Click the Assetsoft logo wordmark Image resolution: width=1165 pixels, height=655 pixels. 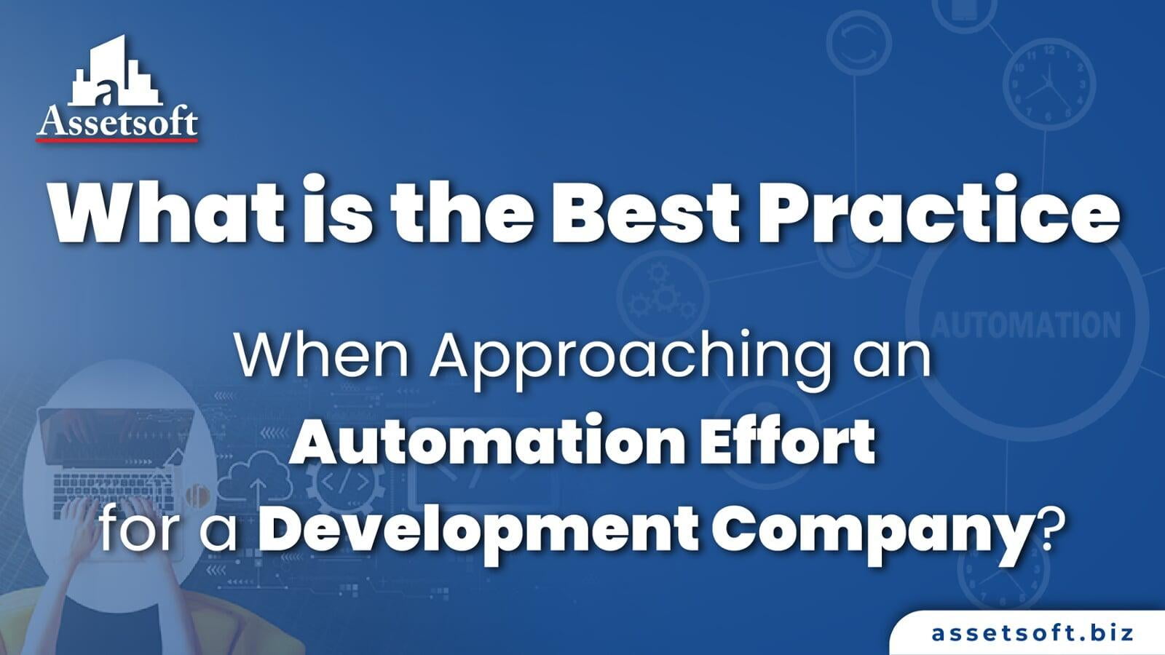117,122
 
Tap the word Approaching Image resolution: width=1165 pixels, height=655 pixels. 630,357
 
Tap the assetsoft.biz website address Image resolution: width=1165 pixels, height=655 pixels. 1032,632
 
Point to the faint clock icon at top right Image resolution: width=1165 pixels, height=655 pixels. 1048,84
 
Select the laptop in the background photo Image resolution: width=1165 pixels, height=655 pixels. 116,455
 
